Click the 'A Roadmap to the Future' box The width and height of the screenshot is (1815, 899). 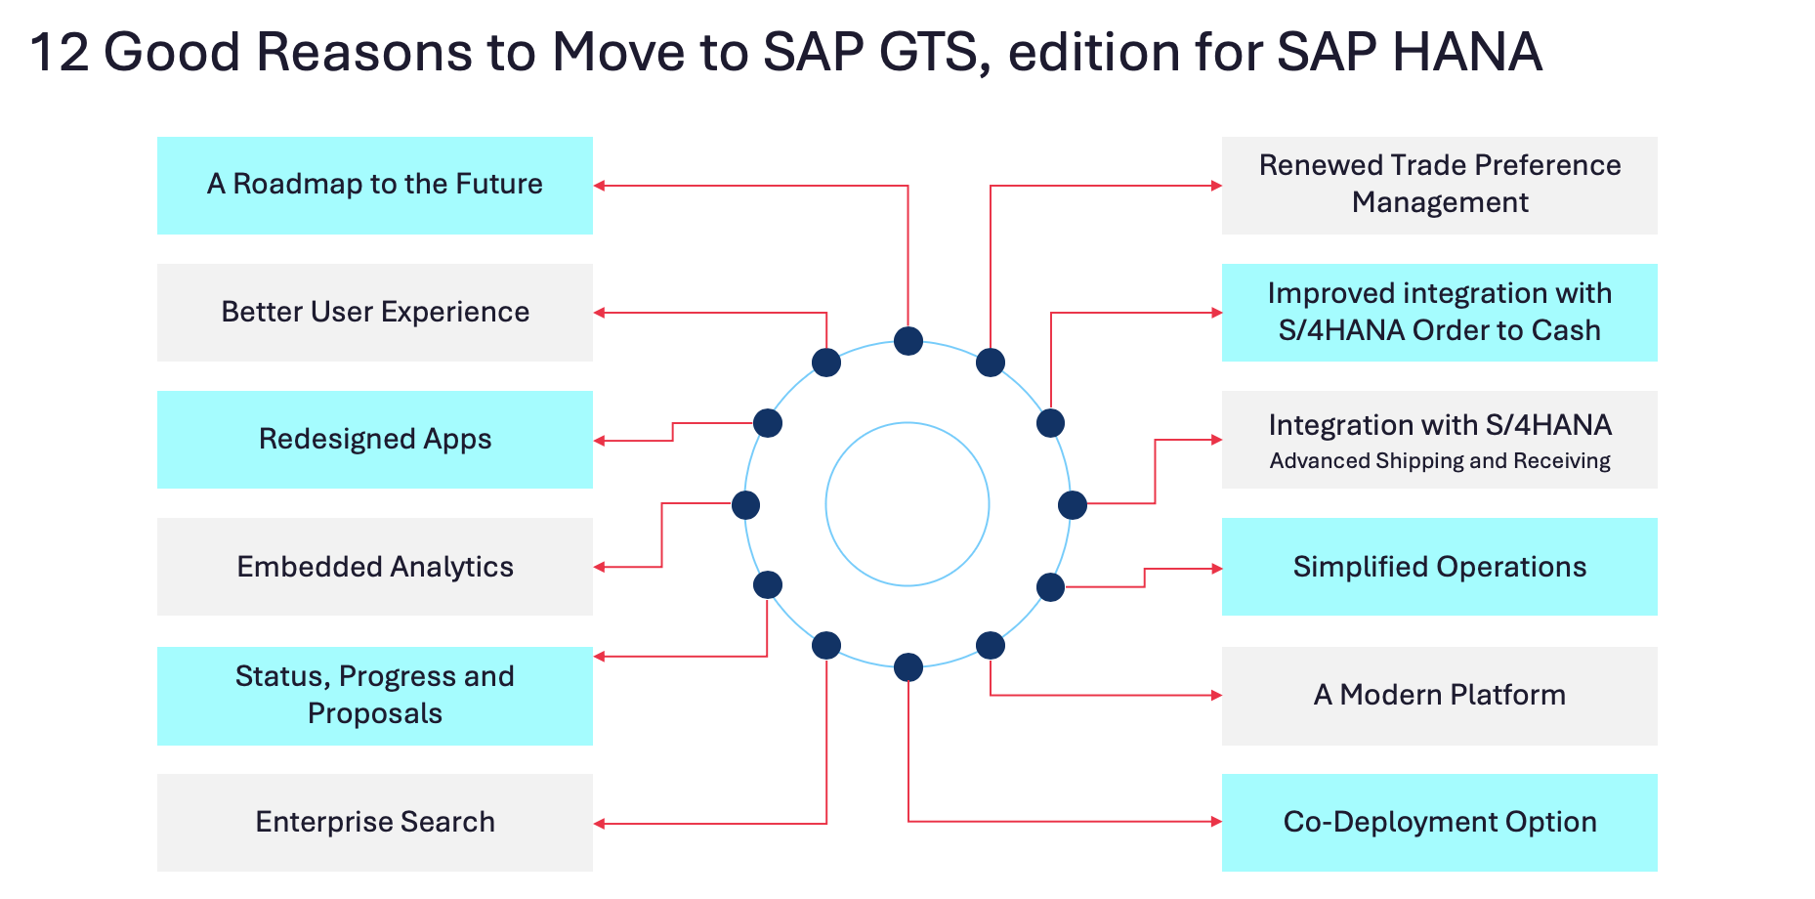[375, 186]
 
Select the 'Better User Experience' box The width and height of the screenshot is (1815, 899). [375, 313]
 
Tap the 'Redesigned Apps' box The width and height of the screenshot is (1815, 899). [375, 440]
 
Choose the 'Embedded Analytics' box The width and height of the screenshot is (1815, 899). [375, 567]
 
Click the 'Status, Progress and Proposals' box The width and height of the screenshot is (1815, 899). [375, 696]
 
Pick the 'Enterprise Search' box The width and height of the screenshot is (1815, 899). [375, 823]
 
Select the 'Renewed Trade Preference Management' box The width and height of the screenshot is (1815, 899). [1440, 186]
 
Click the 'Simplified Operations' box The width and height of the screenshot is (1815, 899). [1440, 567]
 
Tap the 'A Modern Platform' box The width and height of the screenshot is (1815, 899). [1440, 696]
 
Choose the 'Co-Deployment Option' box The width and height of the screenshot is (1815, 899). [1440, 823]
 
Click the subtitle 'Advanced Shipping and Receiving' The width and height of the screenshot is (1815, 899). [1440, 460]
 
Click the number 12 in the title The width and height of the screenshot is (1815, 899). [60, 52]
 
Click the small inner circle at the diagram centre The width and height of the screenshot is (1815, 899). [907, 504]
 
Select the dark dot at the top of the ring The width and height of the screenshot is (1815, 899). [908, 341]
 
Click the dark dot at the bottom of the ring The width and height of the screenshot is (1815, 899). [908, 667]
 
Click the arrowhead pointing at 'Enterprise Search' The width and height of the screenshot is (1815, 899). [600, 824]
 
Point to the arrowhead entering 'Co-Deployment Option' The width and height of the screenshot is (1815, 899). [1216, 822]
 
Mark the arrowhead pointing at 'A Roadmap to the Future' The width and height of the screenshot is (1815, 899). [600, 186]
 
